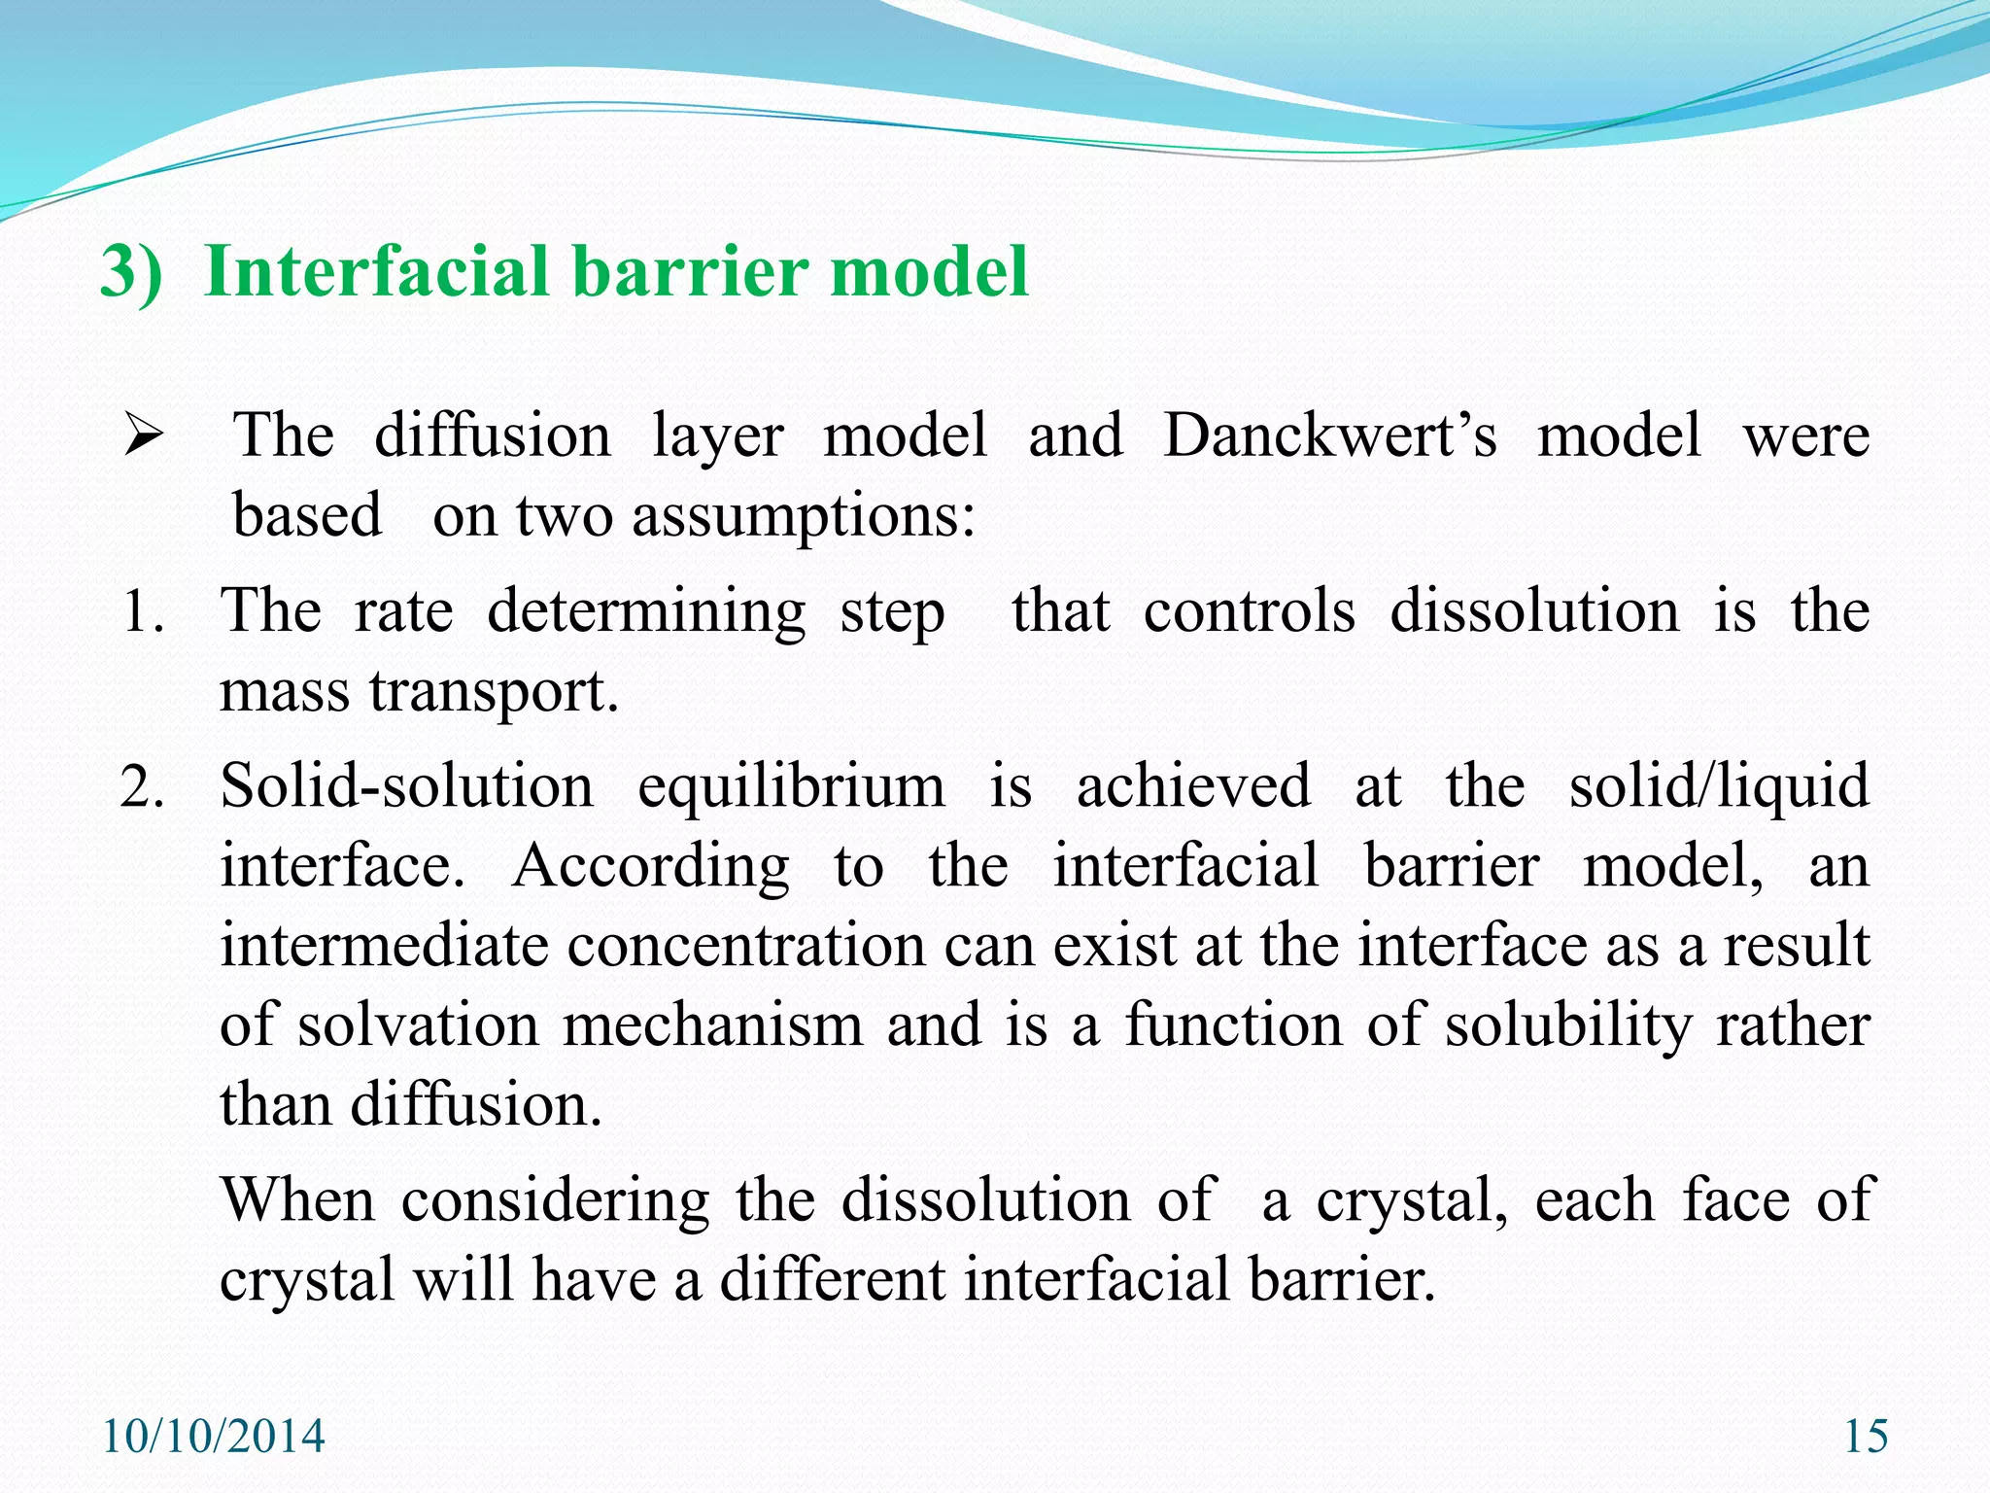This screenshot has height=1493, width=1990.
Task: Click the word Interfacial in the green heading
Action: [x=377, y=271]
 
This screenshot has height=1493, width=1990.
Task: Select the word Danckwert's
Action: [x=1330, y=434]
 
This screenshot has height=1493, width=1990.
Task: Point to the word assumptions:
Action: [x=803, y=517]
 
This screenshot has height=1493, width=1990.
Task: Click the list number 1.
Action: [x=143, y=613]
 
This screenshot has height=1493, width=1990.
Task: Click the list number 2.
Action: [x=143, y=787]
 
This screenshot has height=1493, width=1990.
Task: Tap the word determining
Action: [x=646, y=613]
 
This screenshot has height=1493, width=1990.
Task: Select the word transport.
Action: [x=494, y=692]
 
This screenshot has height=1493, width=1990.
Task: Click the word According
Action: [x=650, y=865]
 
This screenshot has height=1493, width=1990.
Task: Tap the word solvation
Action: [x=418, y=1024]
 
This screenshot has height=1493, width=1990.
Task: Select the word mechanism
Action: [x=712, y=1024]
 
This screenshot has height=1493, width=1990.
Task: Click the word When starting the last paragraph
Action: [x=297, y=1200]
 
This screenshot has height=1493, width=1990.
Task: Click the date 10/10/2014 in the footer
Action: [x=213, y=1437]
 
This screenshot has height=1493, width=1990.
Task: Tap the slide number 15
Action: [x=1866, y=1437]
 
